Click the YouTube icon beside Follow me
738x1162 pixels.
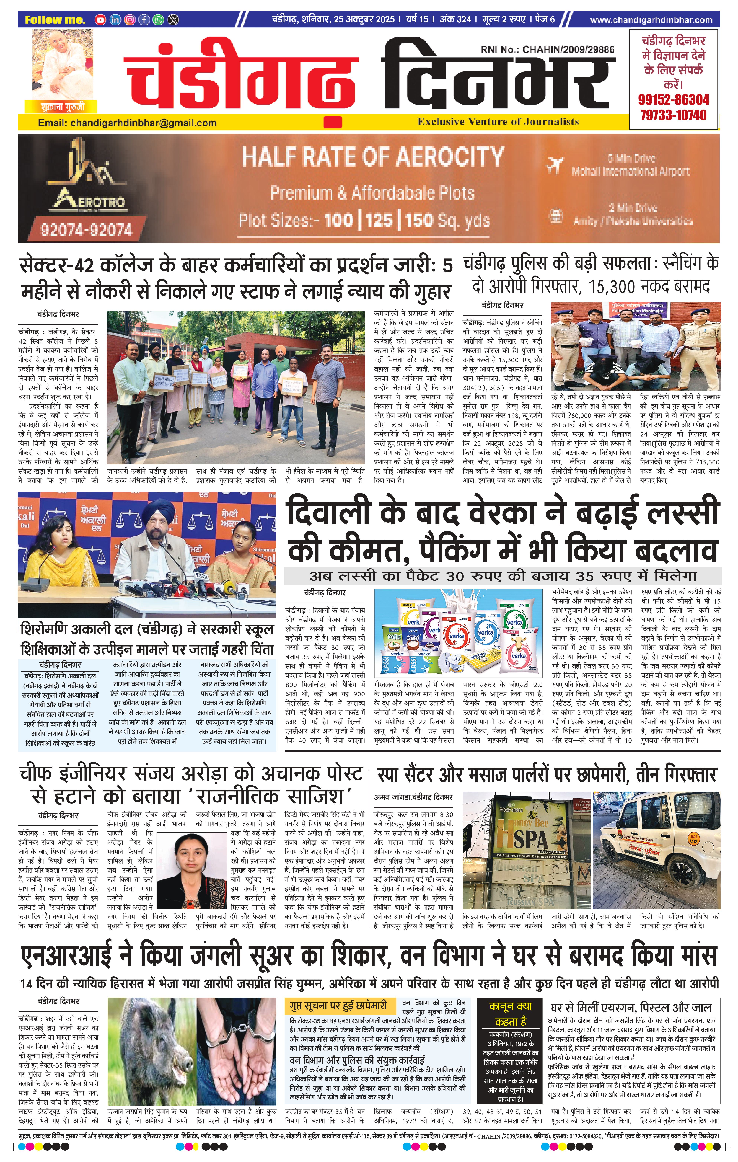100,20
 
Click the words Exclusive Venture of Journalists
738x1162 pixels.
498,122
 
